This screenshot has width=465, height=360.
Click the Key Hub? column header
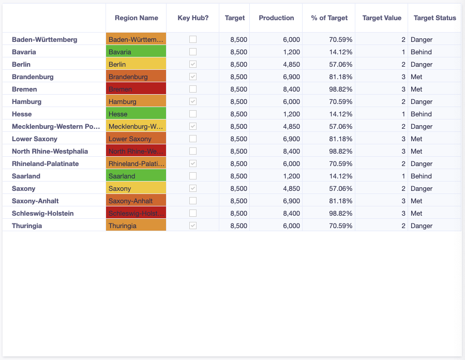[x=193, y=18]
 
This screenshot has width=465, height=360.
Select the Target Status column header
[x=434, y=18]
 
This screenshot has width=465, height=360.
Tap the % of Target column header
[x=329, y=18]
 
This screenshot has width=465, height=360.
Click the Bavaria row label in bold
[x=24, y=52]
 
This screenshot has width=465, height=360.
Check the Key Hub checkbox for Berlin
[x=193, y=64]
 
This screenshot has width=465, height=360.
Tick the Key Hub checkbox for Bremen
[x=193, y=89]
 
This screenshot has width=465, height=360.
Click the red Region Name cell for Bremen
[x=136, y=89]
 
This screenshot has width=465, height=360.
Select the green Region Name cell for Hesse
[x=136, y=114]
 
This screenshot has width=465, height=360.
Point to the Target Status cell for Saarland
[x=421, y=176]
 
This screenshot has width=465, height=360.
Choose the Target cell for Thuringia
[x=238, y=226]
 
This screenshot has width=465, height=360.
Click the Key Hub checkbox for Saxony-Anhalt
[x=193, y=201]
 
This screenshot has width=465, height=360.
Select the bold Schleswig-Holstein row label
[x=42, y=213]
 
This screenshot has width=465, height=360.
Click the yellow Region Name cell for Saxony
[x=136, y=188]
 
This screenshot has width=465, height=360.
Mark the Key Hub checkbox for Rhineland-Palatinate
[x=193, y=163]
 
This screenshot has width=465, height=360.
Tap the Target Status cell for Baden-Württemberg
[x=421, y=39]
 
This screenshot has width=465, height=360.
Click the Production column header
[x=276, y=18]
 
